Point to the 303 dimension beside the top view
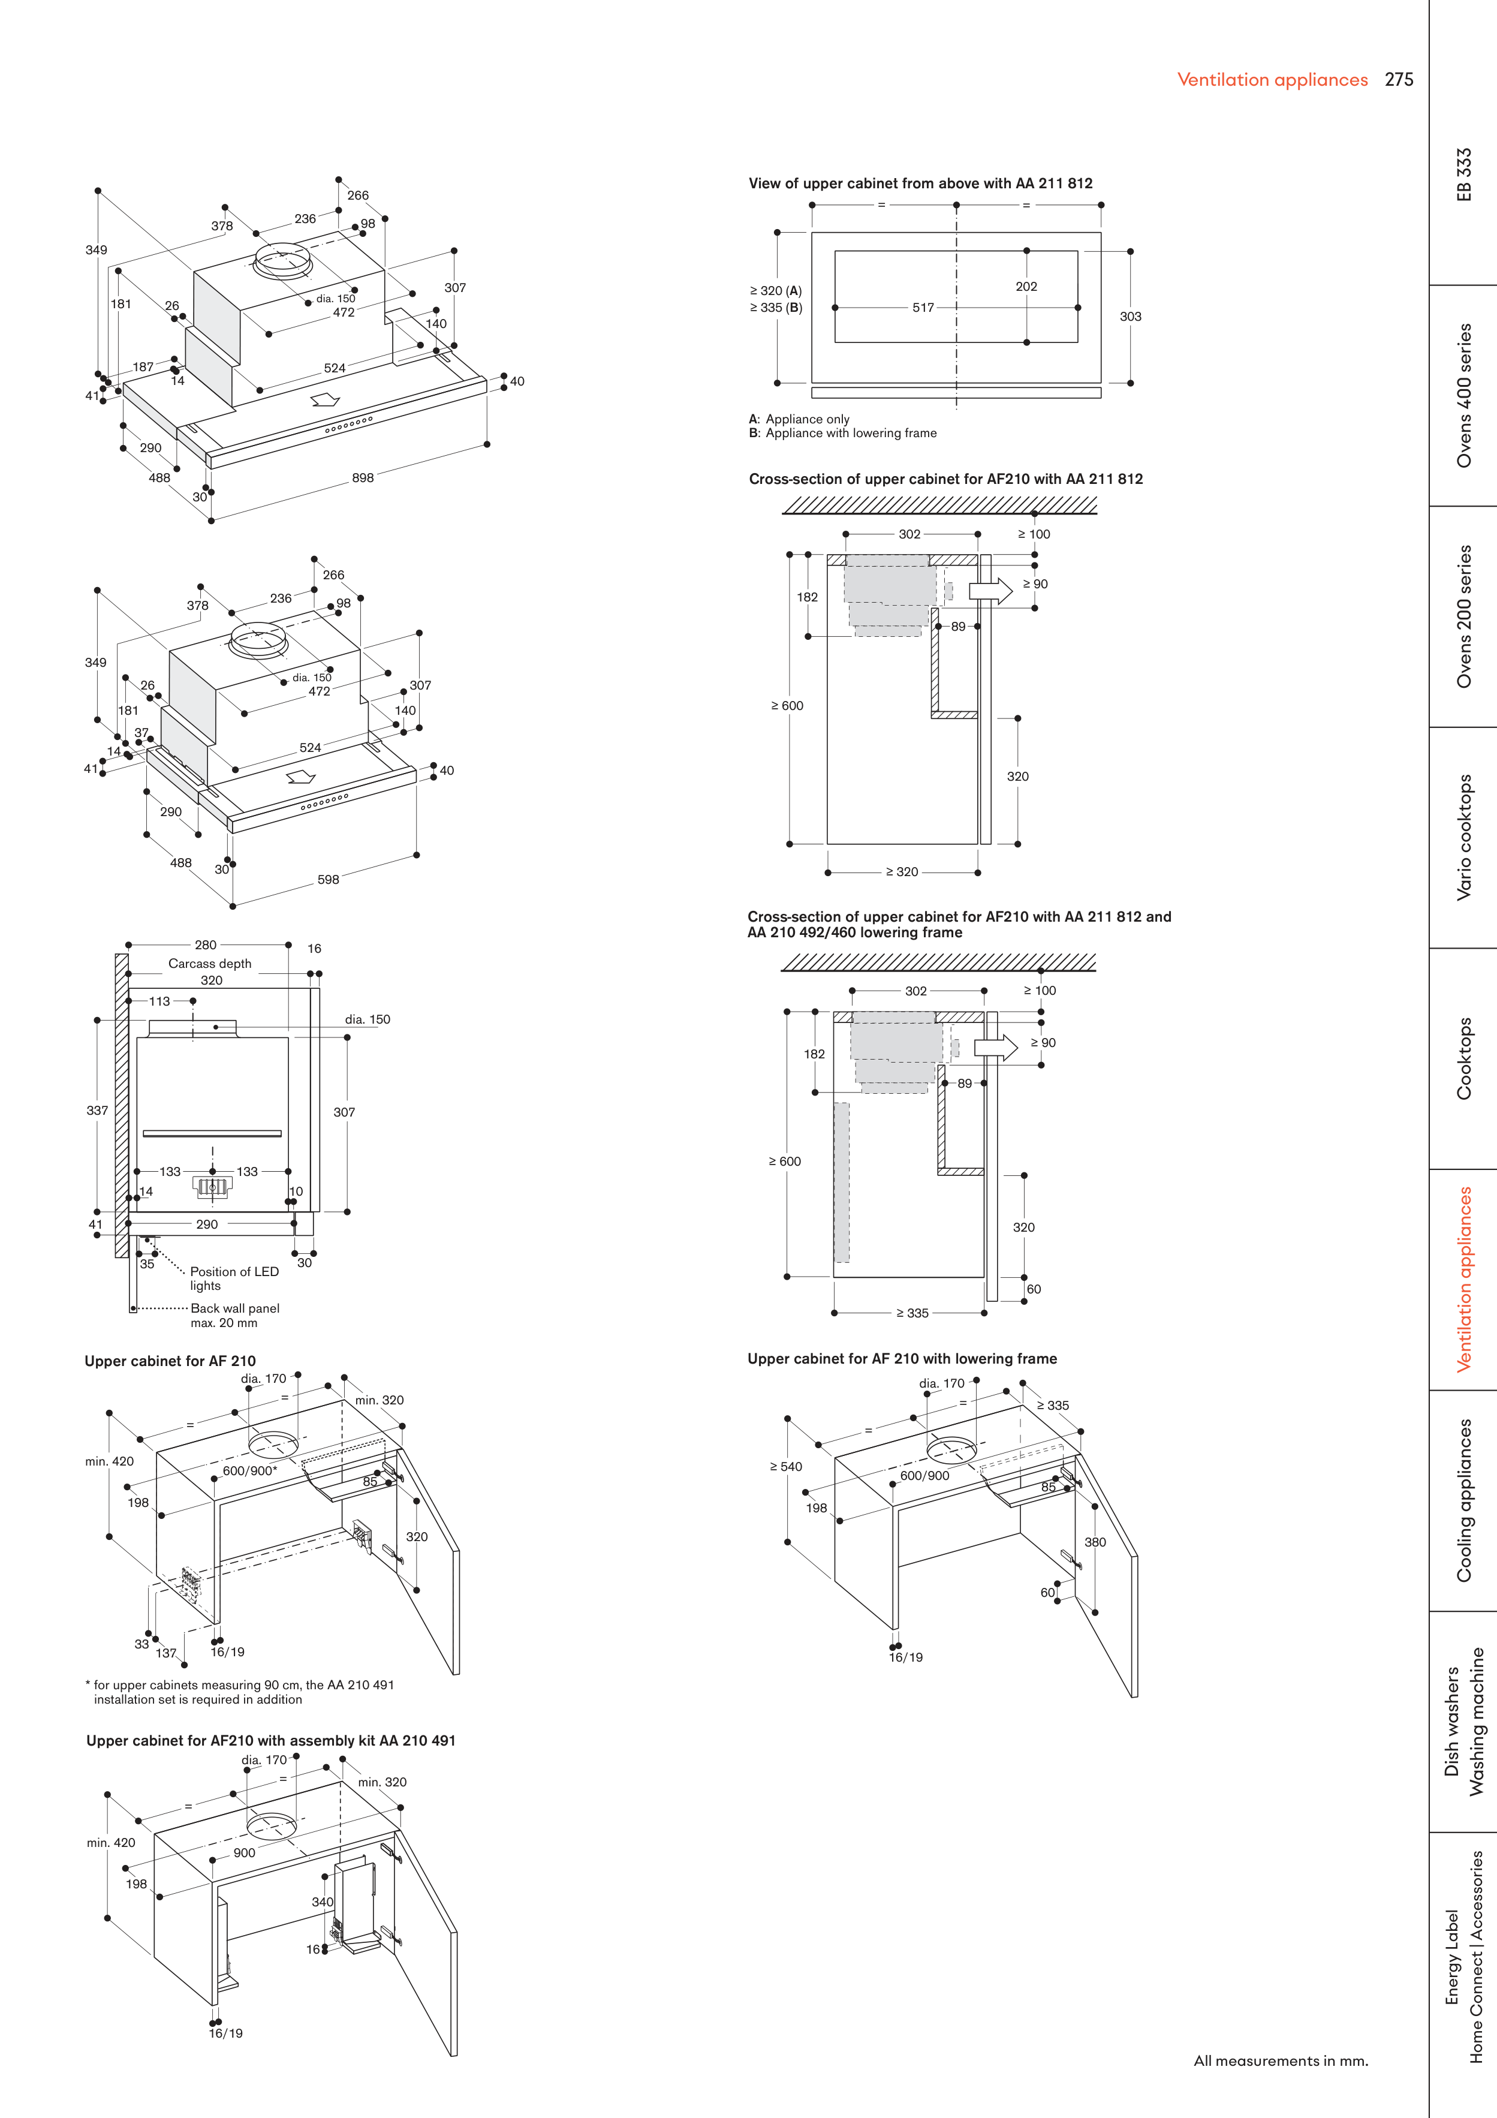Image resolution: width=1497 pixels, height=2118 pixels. pyautogui.click(x=1130, y=317)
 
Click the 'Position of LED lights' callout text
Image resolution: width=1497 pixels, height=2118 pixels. pyautogui.click(x=234, y=1278)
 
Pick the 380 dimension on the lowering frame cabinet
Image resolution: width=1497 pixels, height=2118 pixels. pyautogui.click(x=1095, y=1542)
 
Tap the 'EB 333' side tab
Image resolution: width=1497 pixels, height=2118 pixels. pyautogui.click(x=1464, y=175)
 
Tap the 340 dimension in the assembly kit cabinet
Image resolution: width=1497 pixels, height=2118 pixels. pyautogui.click(x=322, y=1902)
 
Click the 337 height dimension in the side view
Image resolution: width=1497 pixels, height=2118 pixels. pyautogui.click(x=97, y=1111)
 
